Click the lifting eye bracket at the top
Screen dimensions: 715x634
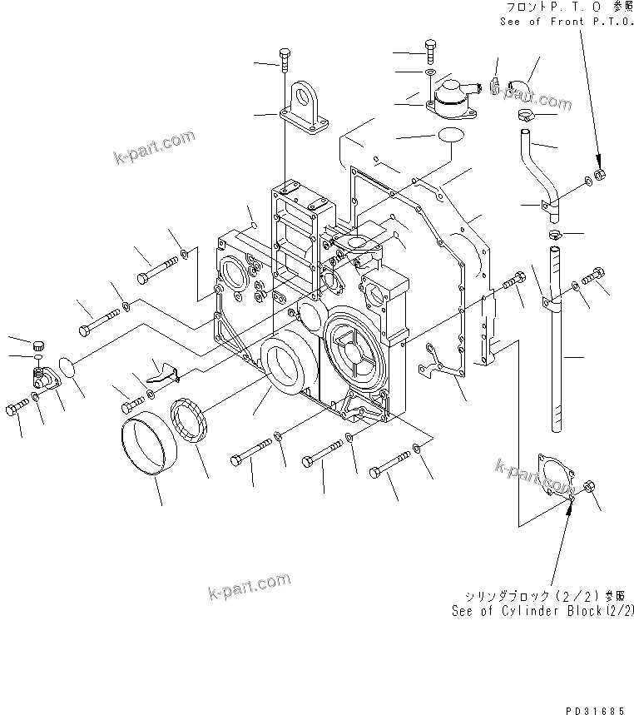(304, 106)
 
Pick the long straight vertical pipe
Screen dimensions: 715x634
(556, 341)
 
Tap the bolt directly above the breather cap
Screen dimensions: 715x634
(429, 51)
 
